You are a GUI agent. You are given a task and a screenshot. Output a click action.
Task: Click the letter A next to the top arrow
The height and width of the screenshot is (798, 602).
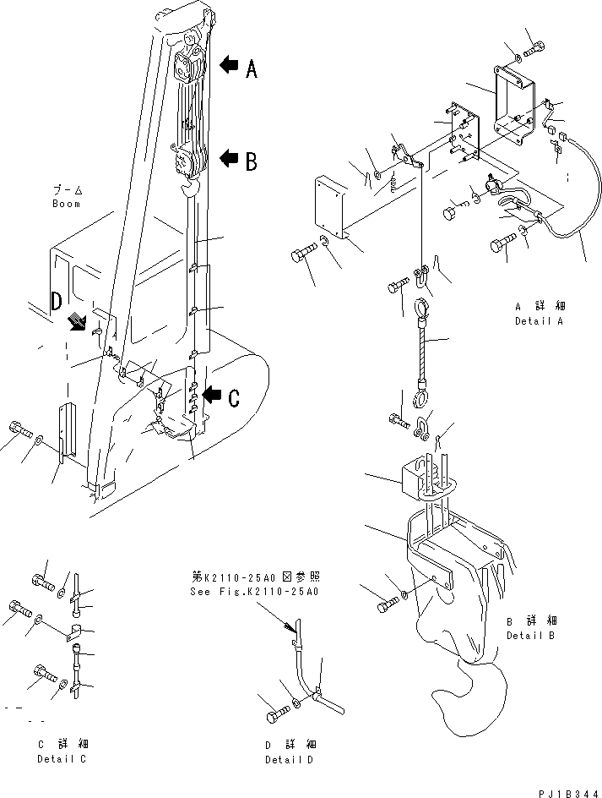coord(251,71)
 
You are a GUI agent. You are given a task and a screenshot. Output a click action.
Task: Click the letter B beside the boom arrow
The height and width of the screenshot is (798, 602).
coord(251,161)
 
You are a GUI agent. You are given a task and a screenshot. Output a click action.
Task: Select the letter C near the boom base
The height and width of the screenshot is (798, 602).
coord(233,398)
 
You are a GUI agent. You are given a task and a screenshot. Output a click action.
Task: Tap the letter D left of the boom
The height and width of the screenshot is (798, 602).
coord(57,301)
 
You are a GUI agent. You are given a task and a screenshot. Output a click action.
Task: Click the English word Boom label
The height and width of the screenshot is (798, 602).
coord(66,204)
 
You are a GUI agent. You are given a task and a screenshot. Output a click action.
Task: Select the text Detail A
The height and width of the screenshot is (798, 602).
coord(539,322)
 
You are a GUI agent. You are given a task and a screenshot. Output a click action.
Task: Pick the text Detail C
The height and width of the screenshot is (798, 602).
coord(62,758)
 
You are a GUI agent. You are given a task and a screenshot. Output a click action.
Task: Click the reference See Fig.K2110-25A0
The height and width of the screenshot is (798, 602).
coord(254,592)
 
